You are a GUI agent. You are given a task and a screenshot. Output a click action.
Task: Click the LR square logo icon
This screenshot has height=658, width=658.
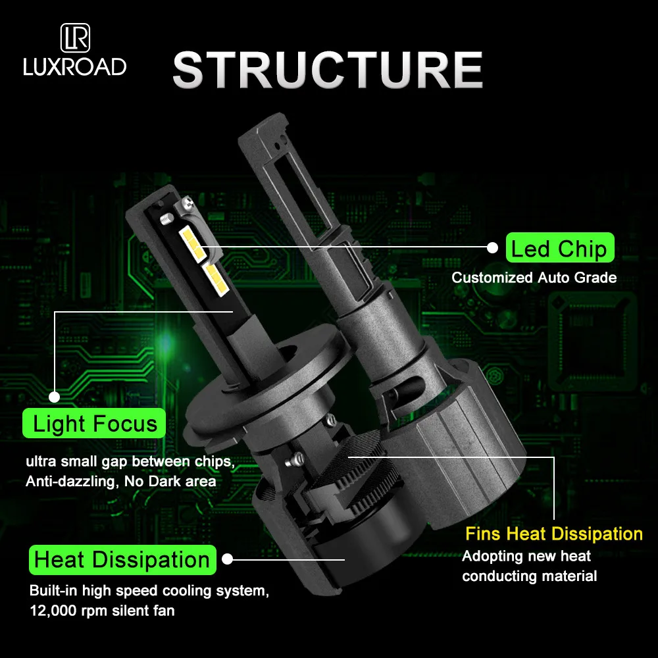tap(75, 38)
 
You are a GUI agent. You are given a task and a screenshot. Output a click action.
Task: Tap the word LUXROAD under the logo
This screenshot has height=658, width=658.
tap(75, 66)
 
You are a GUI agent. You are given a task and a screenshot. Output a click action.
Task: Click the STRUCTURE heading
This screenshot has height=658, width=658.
tap(328, 70)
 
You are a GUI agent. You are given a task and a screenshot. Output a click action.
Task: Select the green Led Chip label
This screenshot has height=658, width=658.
tap(560, 247)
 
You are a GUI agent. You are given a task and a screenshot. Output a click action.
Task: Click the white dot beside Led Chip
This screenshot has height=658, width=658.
tap(492, 247)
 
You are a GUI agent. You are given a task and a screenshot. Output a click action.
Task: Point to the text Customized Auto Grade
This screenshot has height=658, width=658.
tap(534, 278)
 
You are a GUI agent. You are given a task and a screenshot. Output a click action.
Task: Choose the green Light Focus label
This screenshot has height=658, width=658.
tap(94, 423)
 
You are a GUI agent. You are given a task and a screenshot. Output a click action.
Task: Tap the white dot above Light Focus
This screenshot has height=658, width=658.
tap(54, 397)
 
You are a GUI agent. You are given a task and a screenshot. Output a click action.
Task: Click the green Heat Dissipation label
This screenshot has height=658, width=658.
tap(122, 560)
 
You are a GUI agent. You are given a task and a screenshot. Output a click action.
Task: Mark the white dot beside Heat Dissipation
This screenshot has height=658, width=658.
tap(227, 559)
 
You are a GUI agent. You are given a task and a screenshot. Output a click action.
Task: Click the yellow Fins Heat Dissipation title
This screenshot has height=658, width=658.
tap(554, 534)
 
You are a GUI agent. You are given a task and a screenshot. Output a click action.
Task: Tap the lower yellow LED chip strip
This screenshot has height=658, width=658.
tap(216, 279)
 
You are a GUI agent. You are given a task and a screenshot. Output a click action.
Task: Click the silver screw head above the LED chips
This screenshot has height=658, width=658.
tap(186, 204)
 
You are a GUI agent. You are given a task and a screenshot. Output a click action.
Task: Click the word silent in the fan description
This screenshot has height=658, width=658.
tap(130, 611)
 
